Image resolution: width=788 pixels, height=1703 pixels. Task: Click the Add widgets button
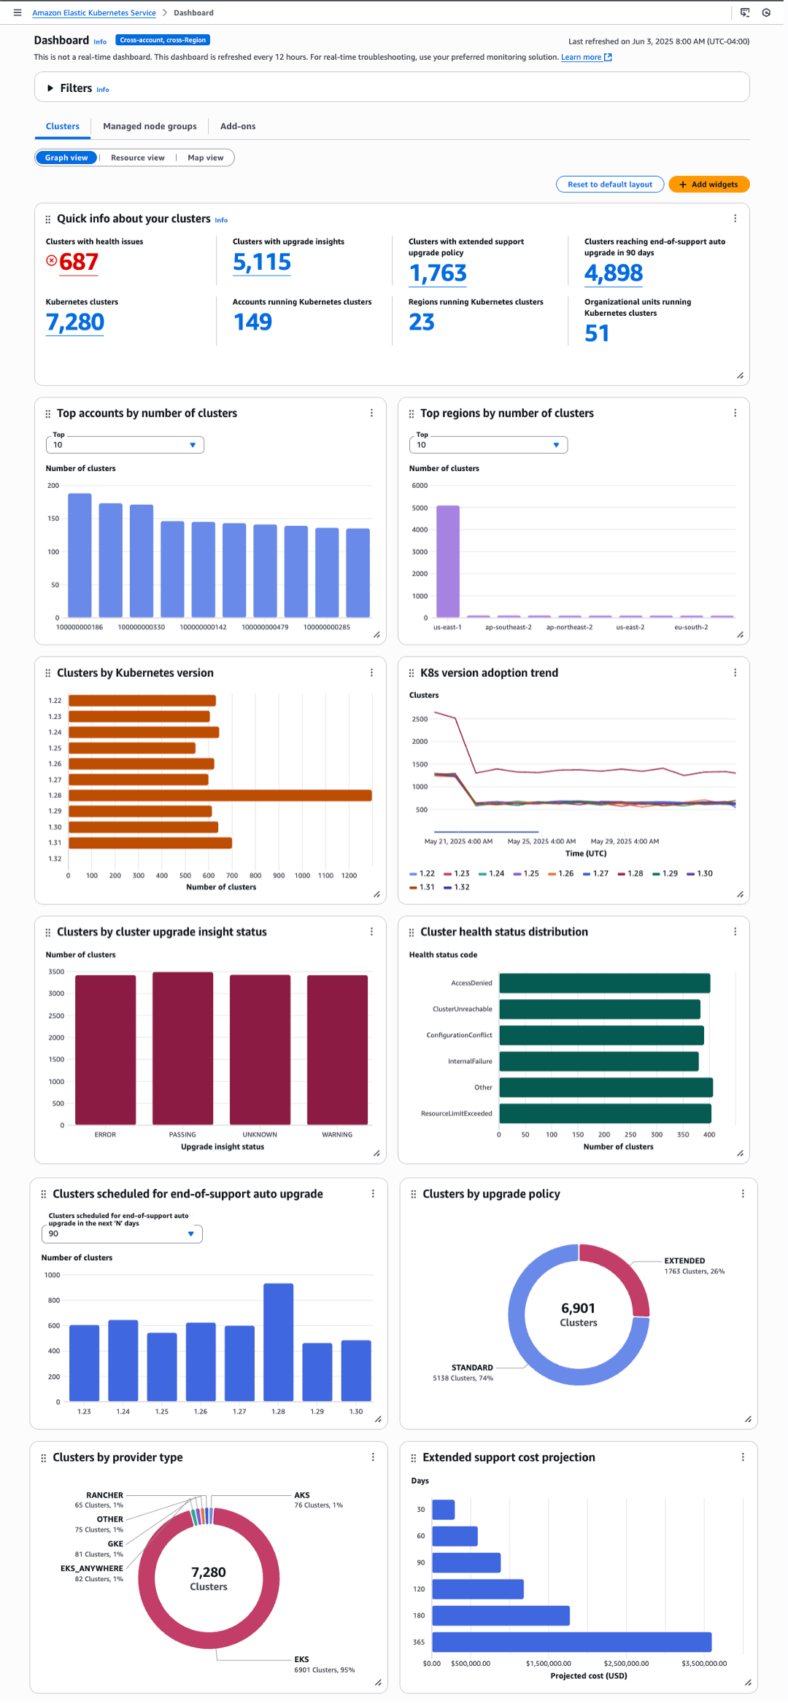tap(708, 185)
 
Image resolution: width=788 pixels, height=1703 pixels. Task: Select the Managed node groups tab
tap(150, 126)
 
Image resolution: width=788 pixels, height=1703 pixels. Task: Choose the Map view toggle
tap(205, 158)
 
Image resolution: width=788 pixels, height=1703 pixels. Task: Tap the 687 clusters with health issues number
tap(78, 262)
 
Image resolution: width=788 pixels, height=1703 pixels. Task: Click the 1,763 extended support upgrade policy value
tap(438, 273)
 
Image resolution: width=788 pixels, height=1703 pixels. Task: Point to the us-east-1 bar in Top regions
tap(447, 562)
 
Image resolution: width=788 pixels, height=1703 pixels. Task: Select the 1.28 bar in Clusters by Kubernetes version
tap(220, 796)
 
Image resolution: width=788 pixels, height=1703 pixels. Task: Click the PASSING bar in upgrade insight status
tap(182, 1048)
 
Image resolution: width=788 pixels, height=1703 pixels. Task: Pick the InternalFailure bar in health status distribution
tap(598, 1061)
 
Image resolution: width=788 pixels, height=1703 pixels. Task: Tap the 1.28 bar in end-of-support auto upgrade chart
tap(278, 1342)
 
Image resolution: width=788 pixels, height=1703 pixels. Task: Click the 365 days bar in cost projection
tap(571, 1642)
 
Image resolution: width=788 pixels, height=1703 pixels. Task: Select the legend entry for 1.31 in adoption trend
tap(422, 888)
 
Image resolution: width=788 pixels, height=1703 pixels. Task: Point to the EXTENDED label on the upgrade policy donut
tap(684, 1260)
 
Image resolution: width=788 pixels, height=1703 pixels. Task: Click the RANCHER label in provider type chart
tap(104, 1495)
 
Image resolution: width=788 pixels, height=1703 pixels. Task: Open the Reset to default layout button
tap(609, 185)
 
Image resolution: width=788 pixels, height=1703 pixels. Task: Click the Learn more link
tap(581, 58)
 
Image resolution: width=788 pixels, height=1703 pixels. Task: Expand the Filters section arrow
tap(50, 88)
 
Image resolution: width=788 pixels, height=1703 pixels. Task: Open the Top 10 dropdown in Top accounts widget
tap(125, 445)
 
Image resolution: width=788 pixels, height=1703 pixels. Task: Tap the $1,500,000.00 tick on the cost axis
tap(548, 1664)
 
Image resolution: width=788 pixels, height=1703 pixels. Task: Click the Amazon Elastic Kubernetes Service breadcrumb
tap(93, 13)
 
